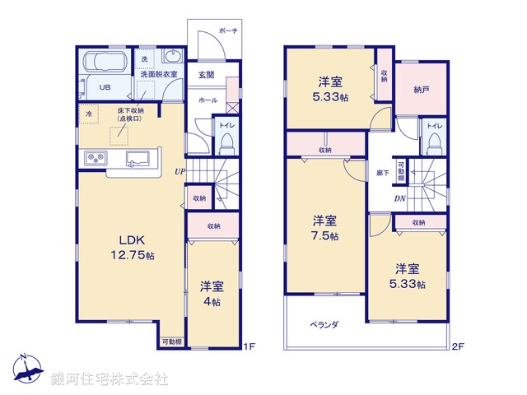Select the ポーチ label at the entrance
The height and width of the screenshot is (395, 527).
click(x=228, y=31)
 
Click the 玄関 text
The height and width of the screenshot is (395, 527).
click(x=207, y=75)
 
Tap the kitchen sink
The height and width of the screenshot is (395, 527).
click(x=136, y=157)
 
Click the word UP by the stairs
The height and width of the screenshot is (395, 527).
click(x=179, y=171)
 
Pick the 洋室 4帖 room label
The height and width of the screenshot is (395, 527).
click(x=212, y=294)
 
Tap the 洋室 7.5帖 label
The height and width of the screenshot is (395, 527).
click(x=324, y=227)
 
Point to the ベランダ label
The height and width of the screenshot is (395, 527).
click(x=325, y=324)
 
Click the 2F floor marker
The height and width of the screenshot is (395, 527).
click(x=458, y=347)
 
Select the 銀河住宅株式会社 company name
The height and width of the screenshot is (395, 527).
click(x=110, y=379)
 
